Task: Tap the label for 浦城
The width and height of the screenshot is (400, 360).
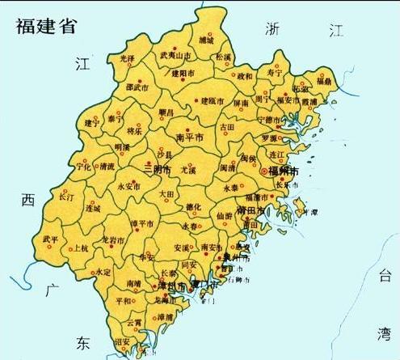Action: click(x=207, y=40)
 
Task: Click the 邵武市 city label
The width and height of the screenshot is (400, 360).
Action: click(x=137, y=87)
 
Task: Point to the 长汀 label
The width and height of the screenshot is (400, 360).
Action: click(x=66, y=196)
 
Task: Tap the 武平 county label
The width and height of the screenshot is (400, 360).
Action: click(x=50, y=239)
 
